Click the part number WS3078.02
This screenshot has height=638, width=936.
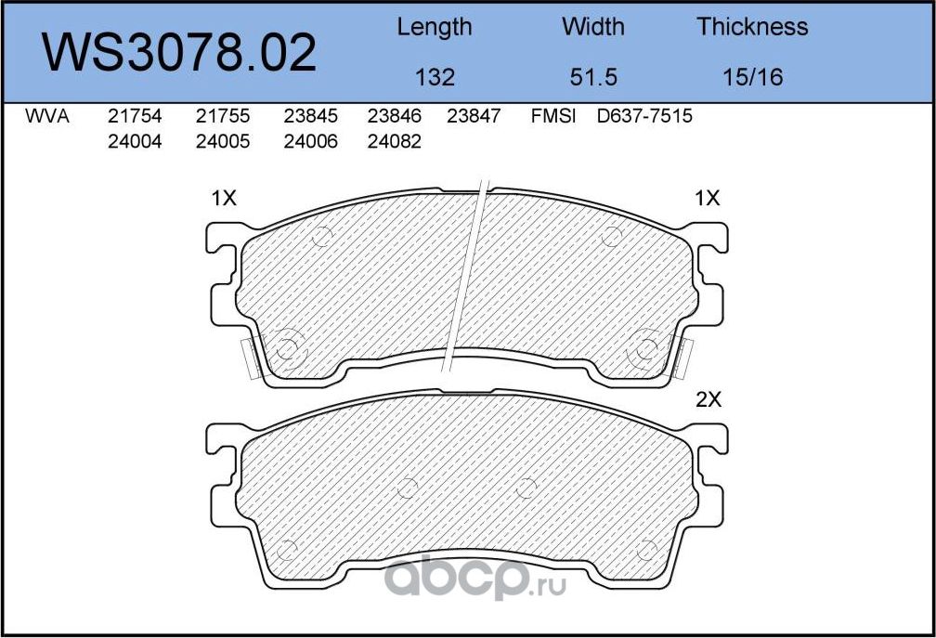coord(180,53)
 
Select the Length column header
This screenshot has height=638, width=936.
coord(434,27)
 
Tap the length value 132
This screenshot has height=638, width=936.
coord(435,77)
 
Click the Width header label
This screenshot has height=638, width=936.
coord(593,27)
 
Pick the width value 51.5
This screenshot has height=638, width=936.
coord(593,77)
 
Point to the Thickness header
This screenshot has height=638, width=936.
coord(752,27)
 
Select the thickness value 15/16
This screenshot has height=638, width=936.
coord(752,77)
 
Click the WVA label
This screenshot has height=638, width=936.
coord(47,117)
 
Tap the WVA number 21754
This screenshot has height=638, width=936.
coord(135,117)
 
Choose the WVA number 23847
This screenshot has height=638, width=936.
coord(474,117)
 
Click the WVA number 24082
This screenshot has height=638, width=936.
coord(394,142)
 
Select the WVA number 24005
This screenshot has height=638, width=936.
coord(223,142)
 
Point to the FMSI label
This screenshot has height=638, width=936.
coord(553,117)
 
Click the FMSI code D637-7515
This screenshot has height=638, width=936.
coord(645,117)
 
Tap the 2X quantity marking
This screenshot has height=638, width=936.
coord(708,400)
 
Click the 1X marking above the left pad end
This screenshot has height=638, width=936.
coord(225,198)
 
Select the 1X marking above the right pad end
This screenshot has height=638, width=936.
coord(708,198)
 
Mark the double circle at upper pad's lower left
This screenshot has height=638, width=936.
coord(285,349)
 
